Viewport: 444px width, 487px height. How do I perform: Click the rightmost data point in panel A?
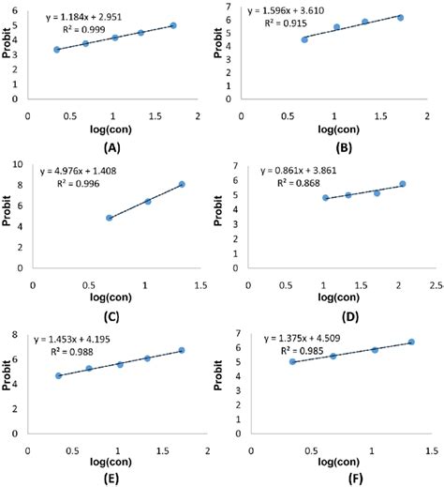tap(174, 25)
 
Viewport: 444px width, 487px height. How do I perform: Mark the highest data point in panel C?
tap(182, 184)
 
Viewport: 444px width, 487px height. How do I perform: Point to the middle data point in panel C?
tap(148, 201)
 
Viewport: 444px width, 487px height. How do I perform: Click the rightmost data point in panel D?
tap(403, 184)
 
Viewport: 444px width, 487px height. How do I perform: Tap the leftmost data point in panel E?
tap(59, 375)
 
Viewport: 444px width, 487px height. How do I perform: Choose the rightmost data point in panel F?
tap(411, 342)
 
